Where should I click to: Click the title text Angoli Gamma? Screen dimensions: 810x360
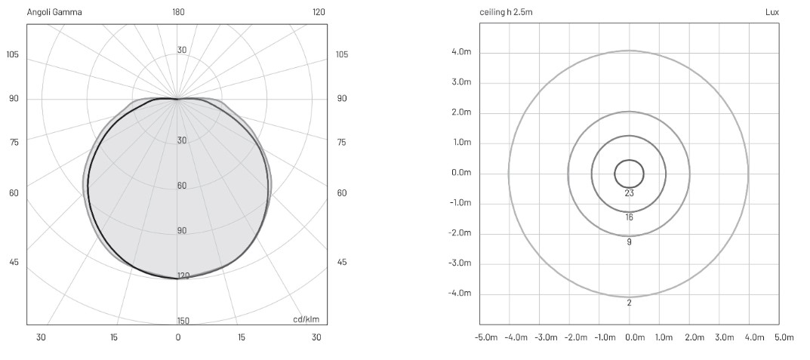(x=54, y=12)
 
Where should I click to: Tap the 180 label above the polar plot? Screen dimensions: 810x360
(x=179, y=12)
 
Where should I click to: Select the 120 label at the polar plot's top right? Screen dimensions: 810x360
(x=319, y=12)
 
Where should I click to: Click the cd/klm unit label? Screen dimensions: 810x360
(x=306, y=319)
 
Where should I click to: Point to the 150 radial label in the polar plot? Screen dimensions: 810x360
(x=183, y=321)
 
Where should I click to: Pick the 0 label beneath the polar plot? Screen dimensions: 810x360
(x=178, y=338)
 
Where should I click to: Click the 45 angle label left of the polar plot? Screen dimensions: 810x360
(x=14, y=262)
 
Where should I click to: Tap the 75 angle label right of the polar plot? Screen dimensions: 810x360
(x=341, y=143)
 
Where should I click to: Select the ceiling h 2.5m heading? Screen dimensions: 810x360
(x=506, y=12)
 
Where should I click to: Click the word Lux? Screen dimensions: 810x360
(x=772, y=12)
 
